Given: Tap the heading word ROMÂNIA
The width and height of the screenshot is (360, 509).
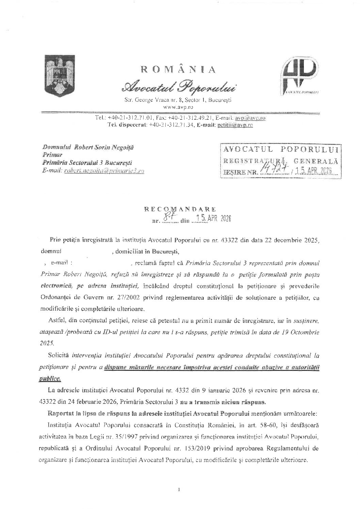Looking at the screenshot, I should (x=178, y=70).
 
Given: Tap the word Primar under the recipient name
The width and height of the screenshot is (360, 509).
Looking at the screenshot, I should (x=49, y=155).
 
